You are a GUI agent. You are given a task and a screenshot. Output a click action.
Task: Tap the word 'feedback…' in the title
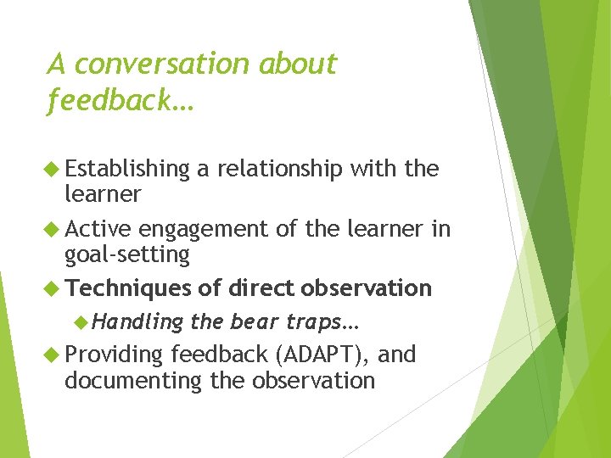(121, 101)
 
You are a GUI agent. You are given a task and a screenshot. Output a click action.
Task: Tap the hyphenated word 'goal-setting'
(126, 254)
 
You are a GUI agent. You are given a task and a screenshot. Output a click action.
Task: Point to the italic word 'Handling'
(137, 322)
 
